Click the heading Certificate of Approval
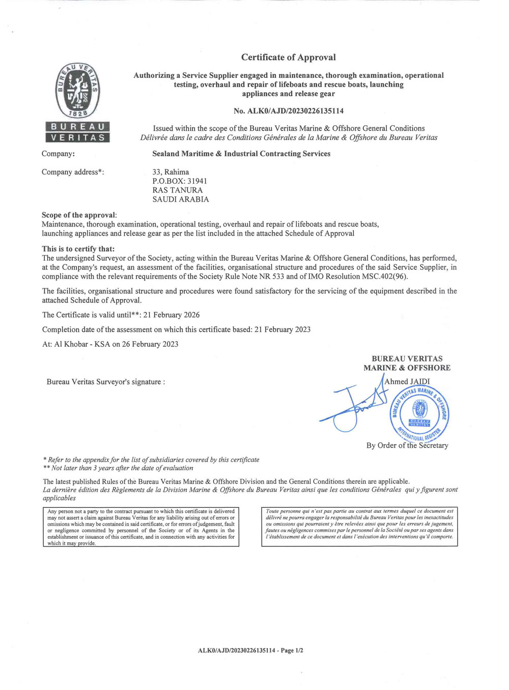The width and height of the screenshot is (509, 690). [288, 58]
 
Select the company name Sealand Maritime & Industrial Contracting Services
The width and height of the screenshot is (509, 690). [241, 154]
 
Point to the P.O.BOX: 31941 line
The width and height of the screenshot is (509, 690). [180, 181]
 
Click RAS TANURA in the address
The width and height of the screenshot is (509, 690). [178, 190]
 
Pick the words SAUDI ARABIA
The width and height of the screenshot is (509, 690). [181, 200]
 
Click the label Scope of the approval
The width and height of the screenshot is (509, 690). [79, 215]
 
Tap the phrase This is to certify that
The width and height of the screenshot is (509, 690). [78, 249]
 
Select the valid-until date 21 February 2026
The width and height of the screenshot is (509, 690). [172, 315]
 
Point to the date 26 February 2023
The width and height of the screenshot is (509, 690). [150, 344]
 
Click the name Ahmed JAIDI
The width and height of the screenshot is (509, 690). [407, 381]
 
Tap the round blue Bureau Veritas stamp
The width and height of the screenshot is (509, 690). [420, 412]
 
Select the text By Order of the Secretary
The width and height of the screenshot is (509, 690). [407, 446]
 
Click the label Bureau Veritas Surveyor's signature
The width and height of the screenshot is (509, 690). [105, 382]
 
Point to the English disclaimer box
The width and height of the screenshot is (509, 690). [141, 527]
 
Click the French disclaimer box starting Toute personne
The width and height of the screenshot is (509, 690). [359, 527]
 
